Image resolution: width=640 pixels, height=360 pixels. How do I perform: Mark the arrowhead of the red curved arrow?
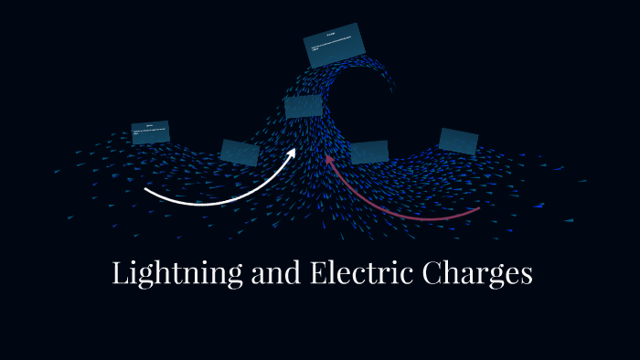tap(330, 162)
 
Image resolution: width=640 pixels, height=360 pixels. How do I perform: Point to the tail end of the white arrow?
tap(146, 191)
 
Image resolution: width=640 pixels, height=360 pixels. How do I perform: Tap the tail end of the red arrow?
tap(478, 209)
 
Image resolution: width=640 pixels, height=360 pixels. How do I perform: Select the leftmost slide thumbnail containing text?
tap(151, 132)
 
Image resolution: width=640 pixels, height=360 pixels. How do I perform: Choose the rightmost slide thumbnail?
tap(458, 141)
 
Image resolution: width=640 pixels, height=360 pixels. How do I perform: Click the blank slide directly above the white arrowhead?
tap(303, 107)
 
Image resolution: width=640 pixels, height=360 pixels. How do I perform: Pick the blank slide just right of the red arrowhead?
tap(369, 152)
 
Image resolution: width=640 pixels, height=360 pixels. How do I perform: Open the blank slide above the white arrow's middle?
tap(240, 153)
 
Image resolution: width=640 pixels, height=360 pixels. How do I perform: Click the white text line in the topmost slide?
tap(335, 45)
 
